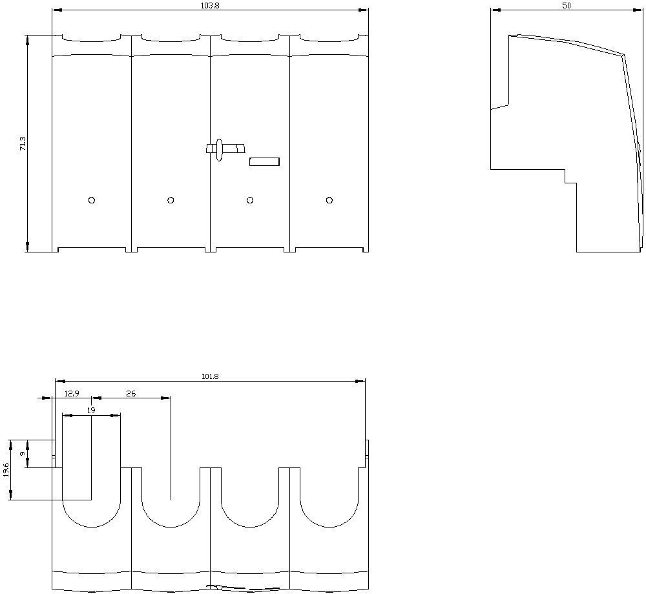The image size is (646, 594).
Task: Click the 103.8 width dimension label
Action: coord(210,5)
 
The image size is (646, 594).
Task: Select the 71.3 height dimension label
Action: coord(23,143)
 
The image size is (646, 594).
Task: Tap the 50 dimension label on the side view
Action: coord(567,5)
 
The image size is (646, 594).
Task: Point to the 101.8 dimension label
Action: coord(210,376)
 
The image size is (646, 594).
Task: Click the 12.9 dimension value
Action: coord(72,394)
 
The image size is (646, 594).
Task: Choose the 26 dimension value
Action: coord(131,394)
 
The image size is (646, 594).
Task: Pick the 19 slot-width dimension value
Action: coord(91,410)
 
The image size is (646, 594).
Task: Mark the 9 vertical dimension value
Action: coord(23,453)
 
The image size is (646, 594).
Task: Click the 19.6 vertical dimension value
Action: coord(6,469)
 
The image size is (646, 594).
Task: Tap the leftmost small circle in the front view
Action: coord(92,200)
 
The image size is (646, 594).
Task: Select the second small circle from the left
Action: coord(171,200)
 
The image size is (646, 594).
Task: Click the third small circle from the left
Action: coord(250,200)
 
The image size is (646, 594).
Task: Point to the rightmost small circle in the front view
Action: coord(329,200)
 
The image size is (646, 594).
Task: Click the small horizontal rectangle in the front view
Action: coord(264,162)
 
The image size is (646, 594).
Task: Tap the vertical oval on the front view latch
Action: coord(219,150)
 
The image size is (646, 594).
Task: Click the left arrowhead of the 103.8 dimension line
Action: coord(57,10)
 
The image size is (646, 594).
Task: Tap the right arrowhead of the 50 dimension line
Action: coord(638,10)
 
